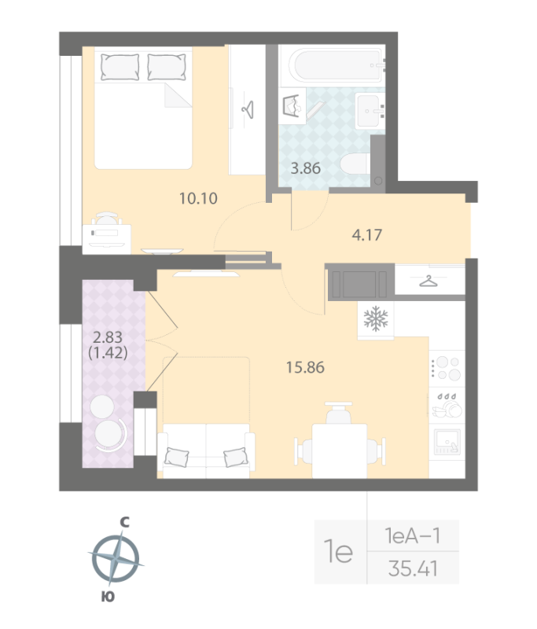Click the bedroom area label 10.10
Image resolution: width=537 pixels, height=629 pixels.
pyautogui.click(x=198, y=198)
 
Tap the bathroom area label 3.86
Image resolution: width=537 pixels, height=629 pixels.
pyautogui.click(x=306, y=168)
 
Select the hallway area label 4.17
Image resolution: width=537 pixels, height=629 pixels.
pyautogui.click(x=367, y=234)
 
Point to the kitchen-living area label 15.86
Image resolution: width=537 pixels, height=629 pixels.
pyautogui.click(x=305, y=367)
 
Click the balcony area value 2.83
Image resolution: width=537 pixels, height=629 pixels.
pyautogui.click(x=108, y=337)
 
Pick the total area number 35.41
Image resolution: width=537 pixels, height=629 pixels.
pyautogui.click(x=413, y=568)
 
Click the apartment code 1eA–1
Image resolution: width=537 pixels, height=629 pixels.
pyautogui.click(x=413, y=535)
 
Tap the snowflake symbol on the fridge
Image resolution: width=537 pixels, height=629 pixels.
pyautogui.click(x=376, y=319)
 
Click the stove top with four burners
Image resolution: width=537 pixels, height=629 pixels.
pyautogui.click(x=447, y=368)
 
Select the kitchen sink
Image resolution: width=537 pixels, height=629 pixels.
pyautogui.click(x=447, y=442)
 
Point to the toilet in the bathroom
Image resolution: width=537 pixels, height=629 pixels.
pyautogui.click(x=355, y=164)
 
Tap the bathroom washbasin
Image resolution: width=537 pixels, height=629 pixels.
pyautogui.click(x=370, y=111)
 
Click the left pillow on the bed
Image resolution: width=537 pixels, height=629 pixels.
pyautogui.click(x=120, y=67)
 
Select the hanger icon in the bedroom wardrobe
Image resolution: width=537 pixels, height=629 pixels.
pyautogui.click(x=248, y=109)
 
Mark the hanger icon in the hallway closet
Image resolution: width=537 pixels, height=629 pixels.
pyautogui.click(x=428, y=281)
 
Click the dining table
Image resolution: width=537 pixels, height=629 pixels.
pyautogui.click(x=340, y=451)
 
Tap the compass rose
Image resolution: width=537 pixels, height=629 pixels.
pyautogui.click(x=116, y=558)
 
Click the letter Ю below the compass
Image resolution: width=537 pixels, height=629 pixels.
pyautogui.click(x=108, y=597)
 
